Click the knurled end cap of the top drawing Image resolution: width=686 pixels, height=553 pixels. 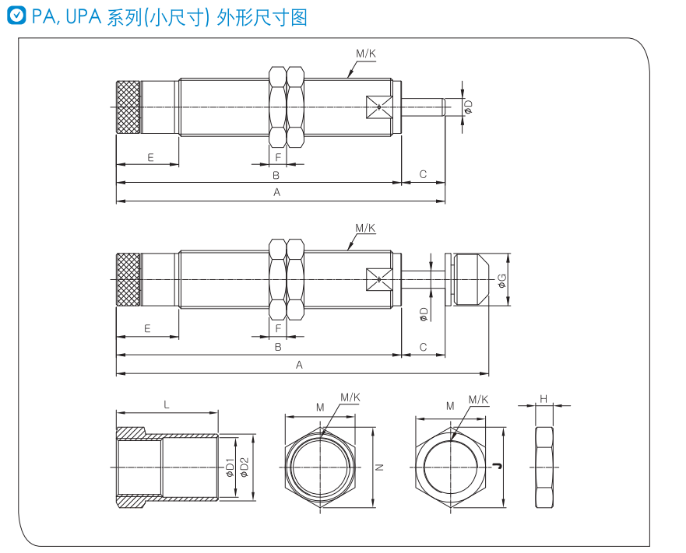[129, 107]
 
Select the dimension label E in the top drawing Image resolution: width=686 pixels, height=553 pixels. [150, 157]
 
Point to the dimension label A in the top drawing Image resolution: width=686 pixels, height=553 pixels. [276, 192]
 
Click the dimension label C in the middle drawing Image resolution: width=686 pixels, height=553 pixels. [424, 347]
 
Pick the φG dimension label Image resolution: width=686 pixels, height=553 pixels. [502, 279]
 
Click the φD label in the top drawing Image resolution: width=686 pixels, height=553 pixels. [468, 107]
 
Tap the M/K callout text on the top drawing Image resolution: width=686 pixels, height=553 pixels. [366, 54]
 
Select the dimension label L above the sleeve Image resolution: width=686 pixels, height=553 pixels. [167, 404]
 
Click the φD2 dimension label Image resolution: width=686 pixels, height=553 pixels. [244, 466]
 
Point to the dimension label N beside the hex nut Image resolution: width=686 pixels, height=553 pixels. [379, 467]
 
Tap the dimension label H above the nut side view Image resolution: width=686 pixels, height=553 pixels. [544, 398]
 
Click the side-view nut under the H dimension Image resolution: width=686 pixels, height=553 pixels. [544, 466]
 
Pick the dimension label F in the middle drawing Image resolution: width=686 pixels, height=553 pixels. [278, 329]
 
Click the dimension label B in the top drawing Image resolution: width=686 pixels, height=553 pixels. [276, 176]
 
